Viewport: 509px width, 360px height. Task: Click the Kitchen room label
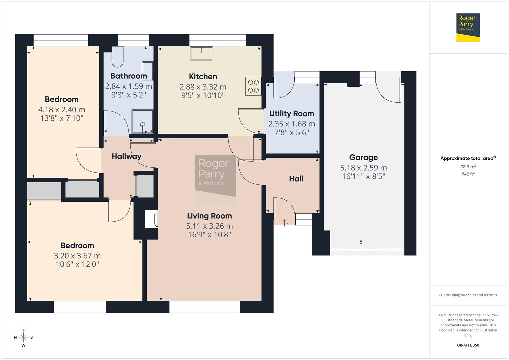point(203,77)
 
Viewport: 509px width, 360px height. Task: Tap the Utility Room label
point(291,114)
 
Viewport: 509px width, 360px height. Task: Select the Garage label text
point(363,157)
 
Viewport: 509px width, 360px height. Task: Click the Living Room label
point(209,216)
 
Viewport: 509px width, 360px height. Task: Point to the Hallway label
point(126,156)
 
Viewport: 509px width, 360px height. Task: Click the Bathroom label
point(128,76)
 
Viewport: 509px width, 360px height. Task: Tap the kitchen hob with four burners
point(253,86)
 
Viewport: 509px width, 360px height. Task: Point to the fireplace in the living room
point(152,219)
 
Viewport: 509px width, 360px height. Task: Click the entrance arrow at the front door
point(284,223)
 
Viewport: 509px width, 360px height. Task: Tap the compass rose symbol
point(23,337)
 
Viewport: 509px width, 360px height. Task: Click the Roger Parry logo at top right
point(468,27)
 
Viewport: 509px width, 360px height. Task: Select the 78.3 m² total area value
point(468,167)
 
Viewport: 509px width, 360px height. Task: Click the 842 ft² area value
point(468,174)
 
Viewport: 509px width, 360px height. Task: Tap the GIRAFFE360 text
point(468,345)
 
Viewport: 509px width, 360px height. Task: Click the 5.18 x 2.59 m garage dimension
point(363,168)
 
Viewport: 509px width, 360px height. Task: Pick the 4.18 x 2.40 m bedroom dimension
point(62,110)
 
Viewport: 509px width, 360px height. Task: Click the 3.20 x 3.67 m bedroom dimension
point(77,256)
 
